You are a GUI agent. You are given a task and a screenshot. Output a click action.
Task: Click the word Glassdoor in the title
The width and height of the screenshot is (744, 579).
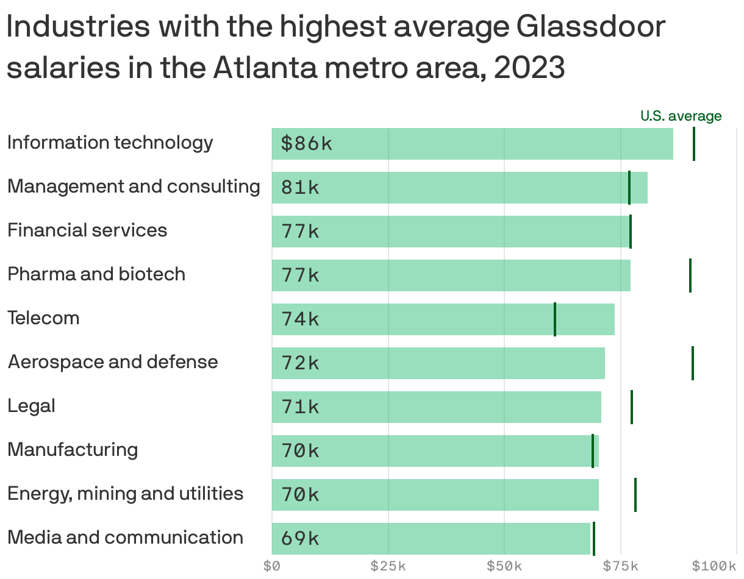pyautogui.click(x=590, y=28)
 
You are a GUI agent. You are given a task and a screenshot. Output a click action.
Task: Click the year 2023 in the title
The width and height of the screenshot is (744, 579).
pyautogui.click(x=529, y=68)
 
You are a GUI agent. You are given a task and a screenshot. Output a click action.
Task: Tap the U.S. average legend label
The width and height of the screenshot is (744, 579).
pyautogui.click(x=681, y=116)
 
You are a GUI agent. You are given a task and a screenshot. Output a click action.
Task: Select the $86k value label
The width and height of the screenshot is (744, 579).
pyautogui.click(x=307, y=144)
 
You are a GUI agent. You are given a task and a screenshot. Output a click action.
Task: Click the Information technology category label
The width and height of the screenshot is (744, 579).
pyautogui.click(x=110, y=143)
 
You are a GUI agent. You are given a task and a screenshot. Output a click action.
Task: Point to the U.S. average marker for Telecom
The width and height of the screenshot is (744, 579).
pyautogui.click(x=555, y=319)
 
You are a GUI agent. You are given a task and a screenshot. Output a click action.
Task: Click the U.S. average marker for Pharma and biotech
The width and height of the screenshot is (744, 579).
pyautogui.click(x=690, y=275)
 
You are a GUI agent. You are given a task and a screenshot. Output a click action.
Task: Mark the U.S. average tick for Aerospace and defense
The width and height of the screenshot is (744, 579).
pyautogui.click(x=693, y=363)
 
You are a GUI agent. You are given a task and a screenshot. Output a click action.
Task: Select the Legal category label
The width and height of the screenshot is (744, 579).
pyautogui.click(x=32, y=406)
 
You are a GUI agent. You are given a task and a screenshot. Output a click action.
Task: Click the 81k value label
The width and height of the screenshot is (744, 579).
pyautogui.click(x=300, y=188)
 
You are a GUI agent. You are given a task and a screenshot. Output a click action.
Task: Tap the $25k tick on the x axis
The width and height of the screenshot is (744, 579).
pyautogui.click(x=388, y=566)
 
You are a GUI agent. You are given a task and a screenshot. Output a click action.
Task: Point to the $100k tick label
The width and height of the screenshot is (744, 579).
pyautogui.click(x=714, y=566)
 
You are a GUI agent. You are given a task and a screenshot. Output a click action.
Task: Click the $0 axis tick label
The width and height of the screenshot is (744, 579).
pyautogui.click(x=271, y=566)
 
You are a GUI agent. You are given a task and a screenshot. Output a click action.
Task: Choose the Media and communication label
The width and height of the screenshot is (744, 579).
pyautogui.click(x=126, y=538)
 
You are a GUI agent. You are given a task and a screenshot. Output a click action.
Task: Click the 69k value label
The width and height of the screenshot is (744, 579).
pyautogui.click(x=300, y=539)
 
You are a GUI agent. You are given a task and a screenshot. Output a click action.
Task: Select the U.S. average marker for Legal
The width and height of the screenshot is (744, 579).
pyautogui.click(x=632, y=407)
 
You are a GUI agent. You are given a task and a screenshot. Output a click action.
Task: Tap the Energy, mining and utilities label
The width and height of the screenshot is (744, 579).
pyautogui.click(x=126, y=494)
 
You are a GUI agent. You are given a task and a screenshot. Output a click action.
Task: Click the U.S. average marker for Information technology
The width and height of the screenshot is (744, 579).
pyautogui.click(x=694, y=144)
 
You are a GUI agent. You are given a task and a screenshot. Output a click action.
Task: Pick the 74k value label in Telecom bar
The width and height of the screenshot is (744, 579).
pyautogui.click(x=300, y=319)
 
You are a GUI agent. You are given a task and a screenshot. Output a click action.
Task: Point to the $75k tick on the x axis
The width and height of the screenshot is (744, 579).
pyautogui.click(x=621, y=566)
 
